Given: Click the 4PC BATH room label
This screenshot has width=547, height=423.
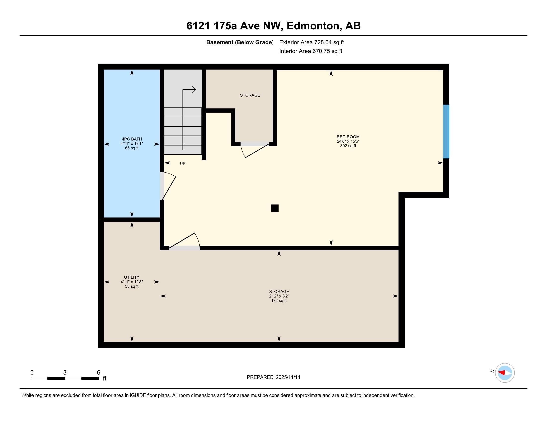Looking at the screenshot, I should tap(132, 139).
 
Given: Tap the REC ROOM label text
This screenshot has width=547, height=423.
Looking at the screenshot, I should tap(348, 137).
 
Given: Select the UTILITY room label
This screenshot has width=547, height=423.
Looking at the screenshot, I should tap(132, 277).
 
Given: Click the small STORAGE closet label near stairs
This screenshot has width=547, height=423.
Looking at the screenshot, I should tap(250, 95).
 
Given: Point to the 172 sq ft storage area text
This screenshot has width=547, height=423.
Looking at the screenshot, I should tap(279, 301).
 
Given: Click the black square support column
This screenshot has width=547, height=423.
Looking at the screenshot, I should tap(275, 208).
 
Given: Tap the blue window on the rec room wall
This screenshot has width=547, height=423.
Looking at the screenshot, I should tap(446, 131).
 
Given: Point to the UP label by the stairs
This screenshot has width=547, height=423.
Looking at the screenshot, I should tap(182, 164).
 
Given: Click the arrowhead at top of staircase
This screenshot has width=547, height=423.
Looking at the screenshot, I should tap(194, 90).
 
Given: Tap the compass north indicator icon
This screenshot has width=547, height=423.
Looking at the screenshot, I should tap(504, 373).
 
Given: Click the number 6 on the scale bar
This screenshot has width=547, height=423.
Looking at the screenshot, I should tap(99, 373).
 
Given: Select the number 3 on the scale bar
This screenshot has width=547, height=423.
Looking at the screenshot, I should tap(65, 373).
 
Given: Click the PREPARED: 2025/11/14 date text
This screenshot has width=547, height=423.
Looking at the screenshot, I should tap(273, 377).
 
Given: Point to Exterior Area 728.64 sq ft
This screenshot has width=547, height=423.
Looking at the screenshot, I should tap(312, 42).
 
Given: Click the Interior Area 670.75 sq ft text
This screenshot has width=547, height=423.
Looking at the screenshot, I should tap(311, 51).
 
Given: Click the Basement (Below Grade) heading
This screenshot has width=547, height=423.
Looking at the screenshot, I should tap(240, 42).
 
